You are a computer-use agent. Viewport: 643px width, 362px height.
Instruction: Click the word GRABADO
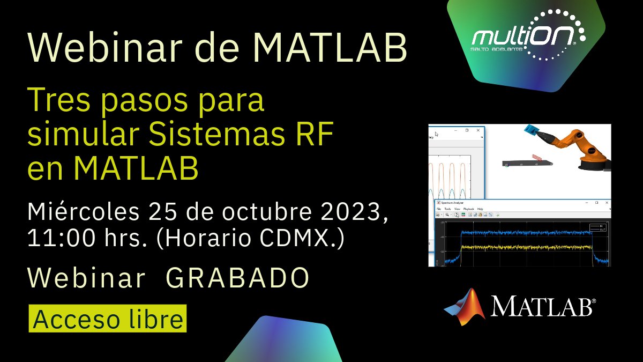(x=238, y=278)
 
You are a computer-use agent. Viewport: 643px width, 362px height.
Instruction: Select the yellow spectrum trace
(x=525, y=247)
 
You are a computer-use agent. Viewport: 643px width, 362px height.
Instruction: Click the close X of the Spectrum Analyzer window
(x=605, y=203)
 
